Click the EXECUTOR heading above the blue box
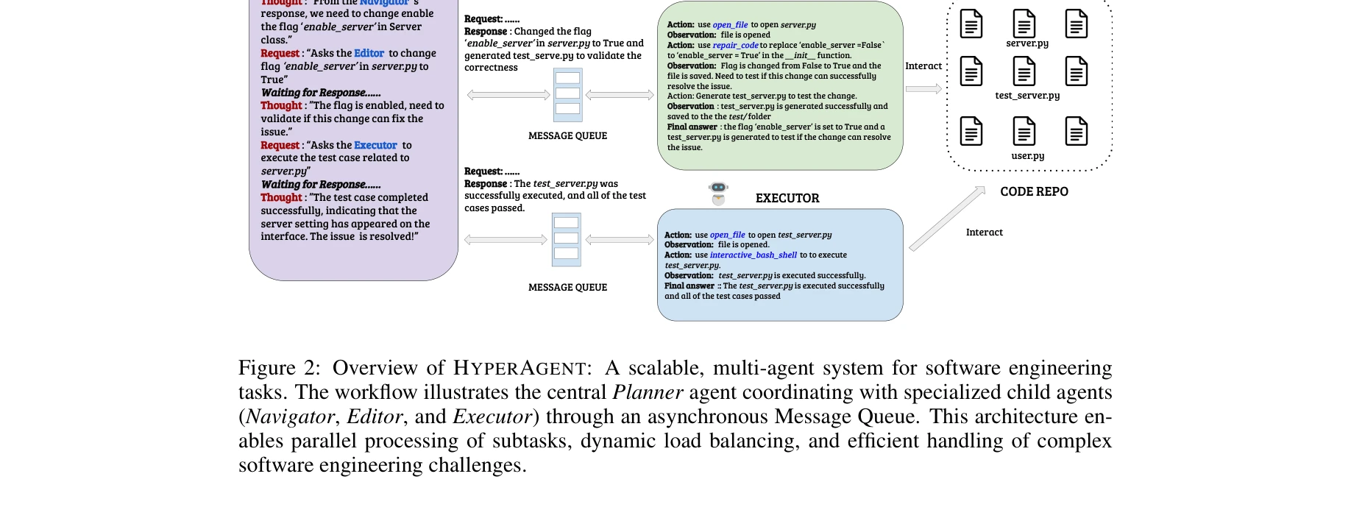[787, 198]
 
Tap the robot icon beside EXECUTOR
[718, 193]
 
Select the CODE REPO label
[1034, 191]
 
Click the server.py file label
[1026, 43]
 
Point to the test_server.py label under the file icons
[1026, 96]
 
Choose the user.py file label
[1027, 156]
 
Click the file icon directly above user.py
[1024, 132]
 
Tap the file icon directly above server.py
[1024, 24]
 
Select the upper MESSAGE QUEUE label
[567, 136]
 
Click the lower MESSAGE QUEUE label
[567, 288]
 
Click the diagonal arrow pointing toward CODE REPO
[947, 219]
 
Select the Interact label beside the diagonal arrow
[984, 233]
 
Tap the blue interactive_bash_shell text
[753, 255]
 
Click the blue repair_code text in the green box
[735, 45]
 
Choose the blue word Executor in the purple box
[375, 146]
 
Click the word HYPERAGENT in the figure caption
[519, 368]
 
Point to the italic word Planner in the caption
[648, 392]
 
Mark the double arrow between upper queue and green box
[620, 95]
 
